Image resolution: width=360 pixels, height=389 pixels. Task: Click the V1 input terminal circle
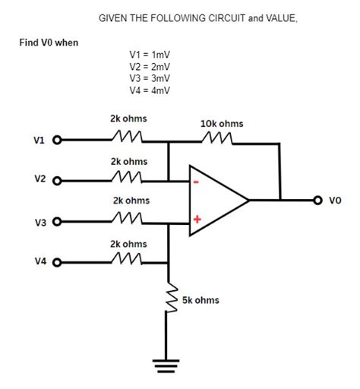pyautogui.click(x=55, y=141)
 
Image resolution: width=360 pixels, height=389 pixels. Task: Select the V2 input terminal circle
pyautogui.click(x=55, y=181)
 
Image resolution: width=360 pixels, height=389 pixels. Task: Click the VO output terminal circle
pyautogui.click(x=317, y=201)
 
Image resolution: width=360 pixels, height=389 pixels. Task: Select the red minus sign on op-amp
pyautogui.click(x=196, y=182)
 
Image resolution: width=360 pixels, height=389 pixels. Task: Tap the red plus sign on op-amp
pyautogui.click(x=196, y=220)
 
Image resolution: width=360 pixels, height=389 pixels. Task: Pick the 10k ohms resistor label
pyautogui.click(x=222, y=122)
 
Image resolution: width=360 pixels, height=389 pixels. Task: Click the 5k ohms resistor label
pyautogui.click(x=201, y=300)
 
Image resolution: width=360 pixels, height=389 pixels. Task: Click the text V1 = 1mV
pyautogui.click(x=150, y=55)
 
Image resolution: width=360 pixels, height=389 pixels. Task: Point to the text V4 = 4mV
pyautogui.click(x=150, y=90)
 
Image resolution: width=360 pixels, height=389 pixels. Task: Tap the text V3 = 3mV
pyautogui.click(x=150, y=78)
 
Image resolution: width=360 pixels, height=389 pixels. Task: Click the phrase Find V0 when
pyautogui.click(x=49, y=42)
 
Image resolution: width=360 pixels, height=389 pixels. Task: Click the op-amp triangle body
pyautogui.click(x=216, y=201)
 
